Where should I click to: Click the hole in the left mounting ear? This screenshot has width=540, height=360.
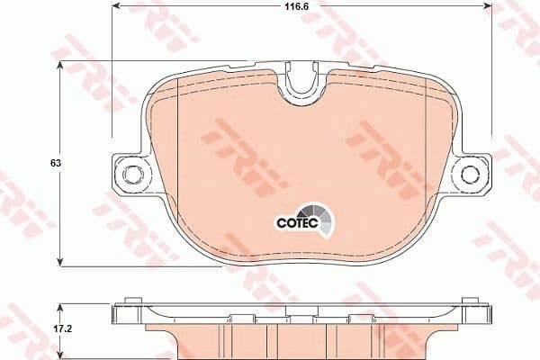click(131, 173)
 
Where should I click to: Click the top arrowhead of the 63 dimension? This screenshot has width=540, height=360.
click(61, 72)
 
